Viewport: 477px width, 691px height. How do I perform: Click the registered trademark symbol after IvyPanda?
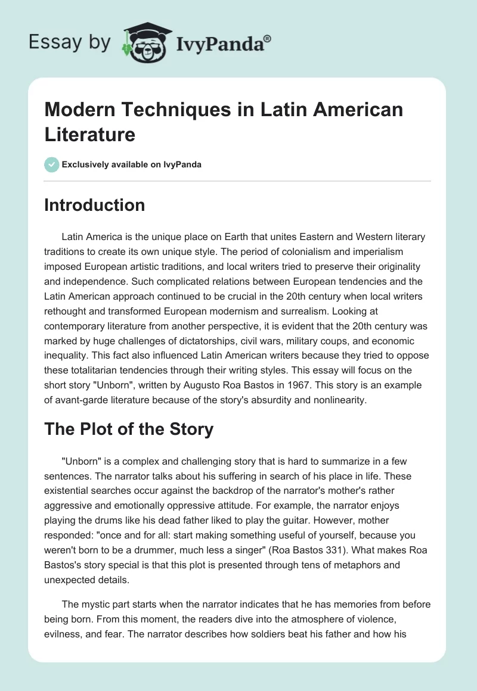point(268,39)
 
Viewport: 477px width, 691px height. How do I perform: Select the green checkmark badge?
point(52,164)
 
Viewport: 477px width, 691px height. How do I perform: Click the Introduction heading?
point(94,205)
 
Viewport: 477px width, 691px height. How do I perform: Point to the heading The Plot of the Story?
point(129,429)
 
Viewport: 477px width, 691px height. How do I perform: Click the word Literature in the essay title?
point(89,134)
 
